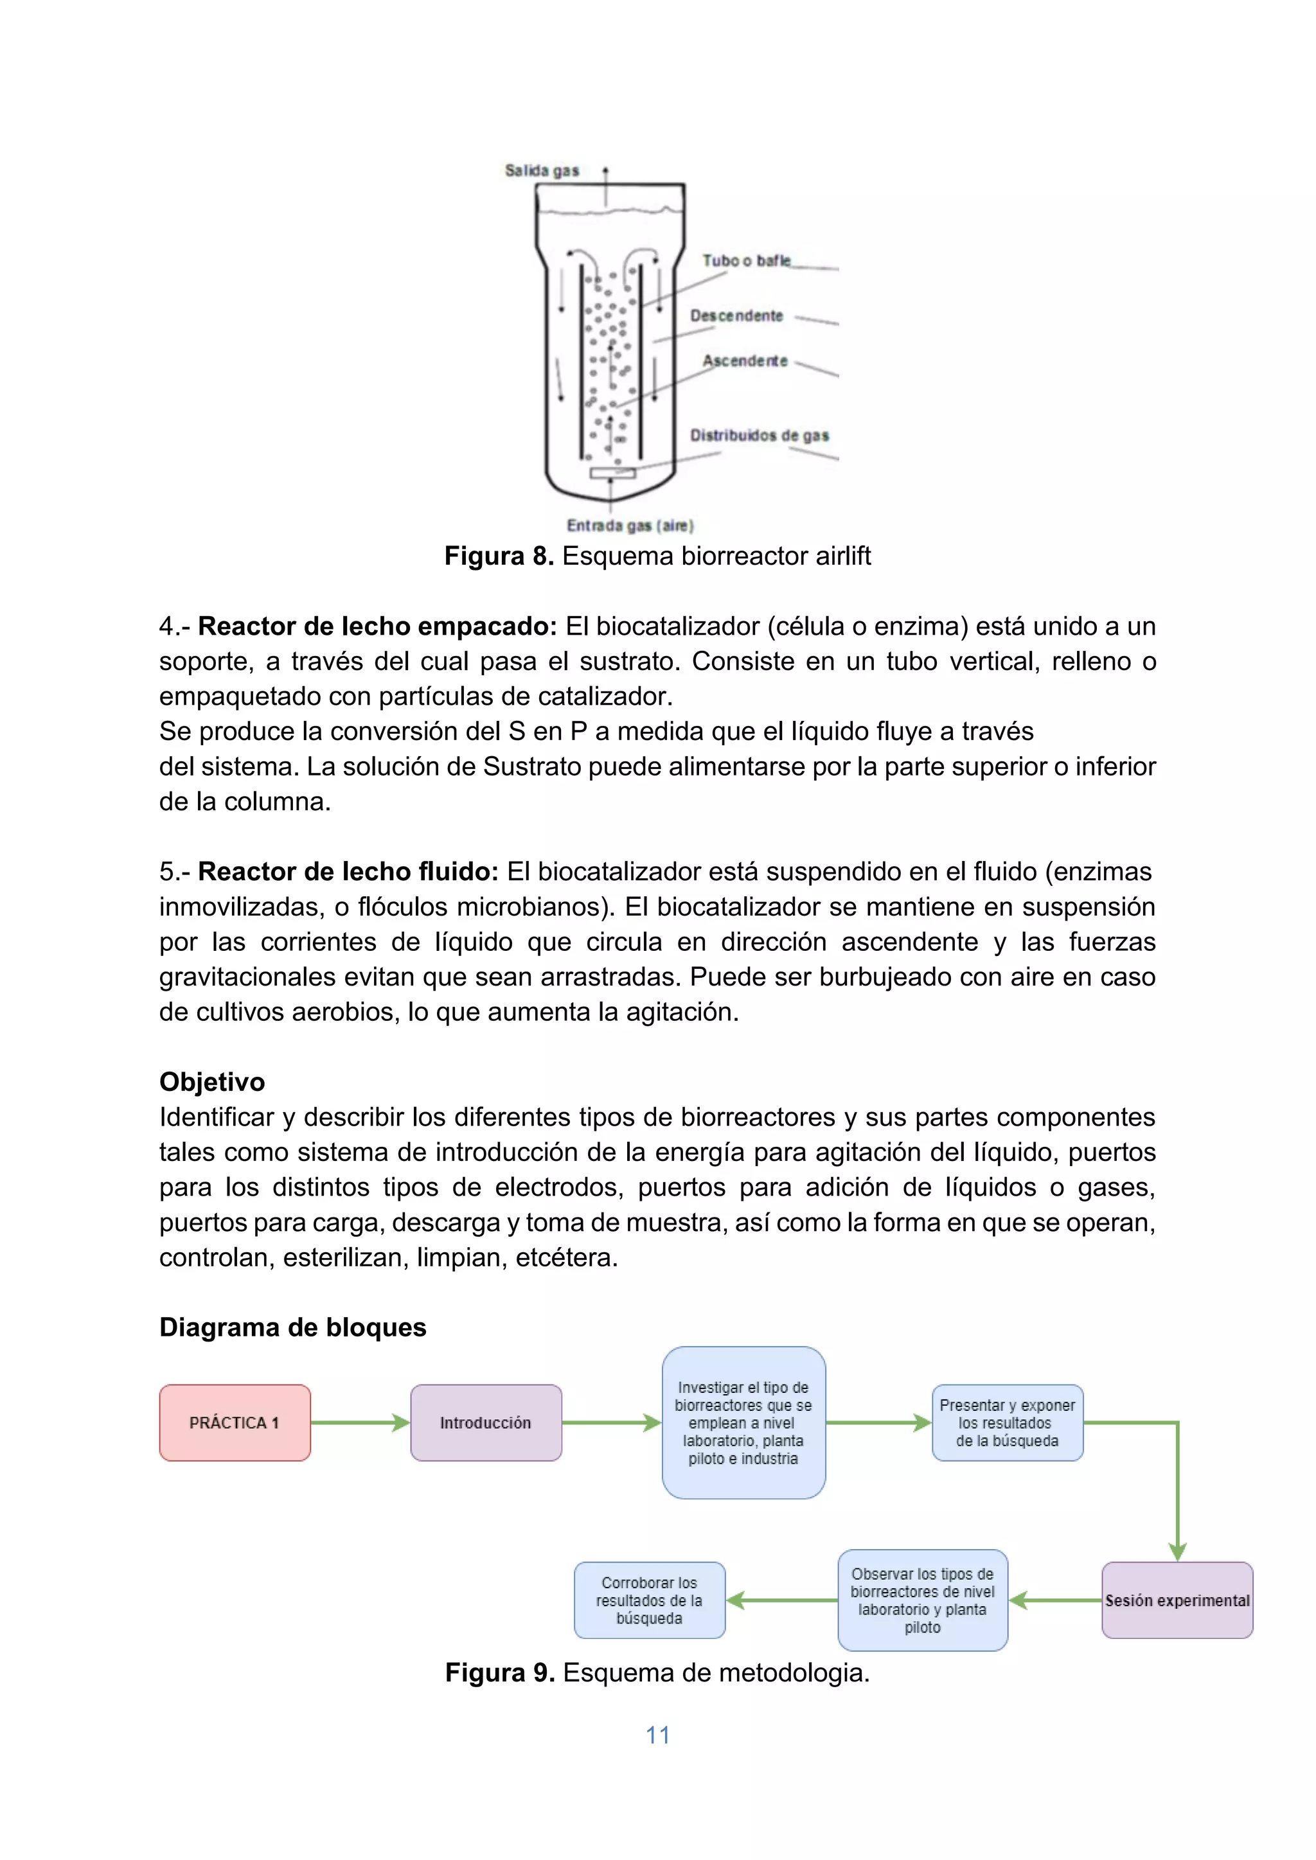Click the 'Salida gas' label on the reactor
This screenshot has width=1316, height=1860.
pyautogui.click(x=541, y=170)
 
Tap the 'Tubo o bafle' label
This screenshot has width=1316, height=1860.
pyautogui.click(x=745, y=261)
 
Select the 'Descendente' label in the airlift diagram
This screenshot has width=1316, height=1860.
pyautogui.click(x=736, y=316)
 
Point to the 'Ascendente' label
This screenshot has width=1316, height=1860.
pyautogui.click(x=744, y=361)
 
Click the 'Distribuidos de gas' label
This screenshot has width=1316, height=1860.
pyautogui.click(x=758, y=436)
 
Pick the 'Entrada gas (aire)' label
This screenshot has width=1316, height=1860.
pyautogui.click(x=630, y=526)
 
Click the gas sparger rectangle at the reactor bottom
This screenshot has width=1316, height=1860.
pyautogui.click(x=612, y=473)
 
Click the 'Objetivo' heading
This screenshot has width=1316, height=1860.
pyautogui.click(x=211, y=1083)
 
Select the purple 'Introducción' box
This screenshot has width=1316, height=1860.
pyautogui.click(x=485, y=1423)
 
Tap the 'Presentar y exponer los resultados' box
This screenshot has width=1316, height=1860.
pyautogui.click(x=1008, y=1423)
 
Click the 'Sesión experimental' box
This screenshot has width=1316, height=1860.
pyautogui.click(x=1177, y=1601)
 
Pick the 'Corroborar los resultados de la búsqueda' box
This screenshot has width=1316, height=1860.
pyautogui.click(x=649, y=1601)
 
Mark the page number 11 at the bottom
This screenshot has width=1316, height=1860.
pyautogui.click(x=657, y=1735)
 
